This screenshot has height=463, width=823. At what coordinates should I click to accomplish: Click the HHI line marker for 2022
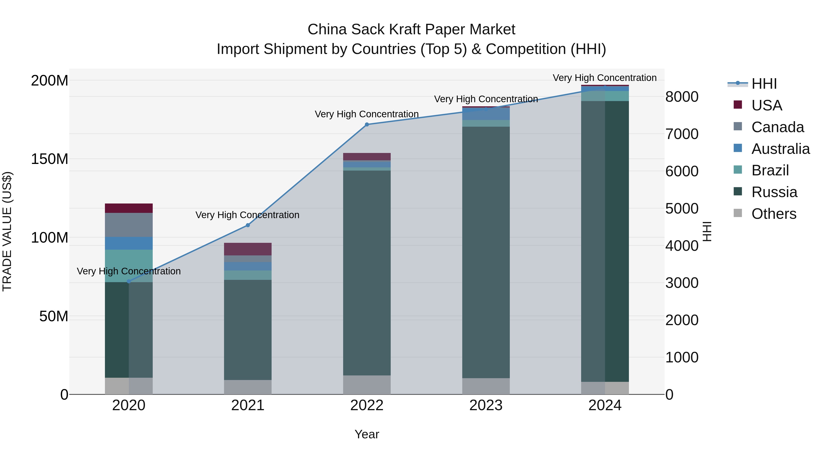367,125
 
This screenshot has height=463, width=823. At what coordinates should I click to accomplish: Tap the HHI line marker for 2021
248,225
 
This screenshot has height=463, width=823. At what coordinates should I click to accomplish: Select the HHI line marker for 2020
129,281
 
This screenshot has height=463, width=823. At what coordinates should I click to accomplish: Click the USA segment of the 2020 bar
129,208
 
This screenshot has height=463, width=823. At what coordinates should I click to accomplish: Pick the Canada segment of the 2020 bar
129,225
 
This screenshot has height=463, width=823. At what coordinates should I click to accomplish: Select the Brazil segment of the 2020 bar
129,266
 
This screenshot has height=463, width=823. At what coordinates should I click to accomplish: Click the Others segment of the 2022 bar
367,385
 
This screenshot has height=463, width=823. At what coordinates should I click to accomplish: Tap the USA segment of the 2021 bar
248,249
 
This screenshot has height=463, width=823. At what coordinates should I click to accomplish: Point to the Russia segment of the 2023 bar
486,252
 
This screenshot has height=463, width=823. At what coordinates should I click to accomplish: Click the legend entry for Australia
780,149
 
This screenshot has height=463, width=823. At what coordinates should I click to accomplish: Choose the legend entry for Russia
774,192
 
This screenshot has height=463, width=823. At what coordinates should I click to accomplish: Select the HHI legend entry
764,84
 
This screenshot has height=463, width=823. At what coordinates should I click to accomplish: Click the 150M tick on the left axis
50,159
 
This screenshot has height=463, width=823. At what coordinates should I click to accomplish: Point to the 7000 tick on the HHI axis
682,134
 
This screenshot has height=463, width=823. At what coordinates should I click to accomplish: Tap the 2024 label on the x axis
605,405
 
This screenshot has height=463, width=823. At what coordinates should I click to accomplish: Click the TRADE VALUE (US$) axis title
7,231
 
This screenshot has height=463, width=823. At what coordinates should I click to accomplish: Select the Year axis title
367,434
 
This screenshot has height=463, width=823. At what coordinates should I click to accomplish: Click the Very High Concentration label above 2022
367,114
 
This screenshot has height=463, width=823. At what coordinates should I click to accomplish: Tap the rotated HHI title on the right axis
707,231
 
